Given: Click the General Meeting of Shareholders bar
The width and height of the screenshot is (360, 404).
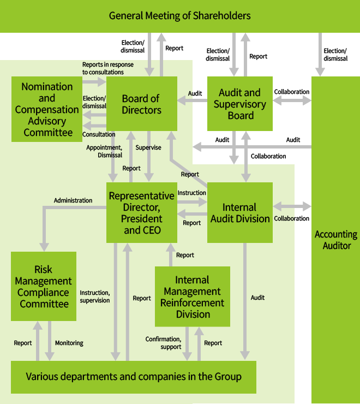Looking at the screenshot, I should click(x=180, y=16).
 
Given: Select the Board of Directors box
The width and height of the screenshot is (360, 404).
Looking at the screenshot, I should click(x=142, y=104).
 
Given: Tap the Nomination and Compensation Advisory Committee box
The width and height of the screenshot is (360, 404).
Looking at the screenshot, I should click(x=47, y=109).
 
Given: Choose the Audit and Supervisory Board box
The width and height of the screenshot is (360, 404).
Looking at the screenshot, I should click(x=240, y=104).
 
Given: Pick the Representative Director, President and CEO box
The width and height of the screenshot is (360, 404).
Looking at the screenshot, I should click(x=142, y=212).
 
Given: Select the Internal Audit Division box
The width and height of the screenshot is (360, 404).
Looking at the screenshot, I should click(x=239, y=213).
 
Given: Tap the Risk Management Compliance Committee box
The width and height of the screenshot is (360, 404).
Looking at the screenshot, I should click(x=44, y=287).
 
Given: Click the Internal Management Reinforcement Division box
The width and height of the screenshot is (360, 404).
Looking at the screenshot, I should click(x=193, y=297).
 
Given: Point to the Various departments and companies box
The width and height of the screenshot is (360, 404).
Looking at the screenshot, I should click(x=134, y=377).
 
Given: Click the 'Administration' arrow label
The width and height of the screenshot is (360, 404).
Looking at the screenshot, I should click(x=73, y=200).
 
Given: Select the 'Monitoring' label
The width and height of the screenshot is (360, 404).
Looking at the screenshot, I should click(x=69, y=343).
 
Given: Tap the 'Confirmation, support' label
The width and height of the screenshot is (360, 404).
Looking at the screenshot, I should click(x=163, y=343).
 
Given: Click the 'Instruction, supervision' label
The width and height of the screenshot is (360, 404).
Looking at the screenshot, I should click(x=95, y=296).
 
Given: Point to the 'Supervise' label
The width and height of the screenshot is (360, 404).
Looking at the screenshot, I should click(x=148, y=147).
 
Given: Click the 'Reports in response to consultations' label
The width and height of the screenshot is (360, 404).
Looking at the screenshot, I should click(x=108, y=68).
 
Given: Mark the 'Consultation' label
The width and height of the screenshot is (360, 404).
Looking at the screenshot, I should click(x=99, y=134).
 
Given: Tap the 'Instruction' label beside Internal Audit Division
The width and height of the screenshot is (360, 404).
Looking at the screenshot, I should click(x=192, y=193).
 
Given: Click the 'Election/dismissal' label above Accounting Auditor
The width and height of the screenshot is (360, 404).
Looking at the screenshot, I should click(x=335, y=55).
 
